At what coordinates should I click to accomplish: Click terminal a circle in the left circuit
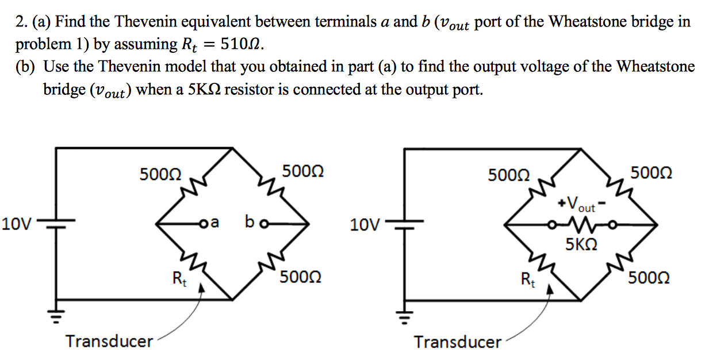(x=204, y=224)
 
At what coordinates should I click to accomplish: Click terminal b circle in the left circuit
(x=265, y=224)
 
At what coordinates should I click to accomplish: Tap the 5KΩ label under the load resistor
(x=581, y=244)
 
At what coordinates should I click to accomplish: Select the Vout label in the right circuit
(x=581, y=204)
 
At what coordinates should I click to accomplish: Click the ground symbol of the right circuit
(x=405, y=316)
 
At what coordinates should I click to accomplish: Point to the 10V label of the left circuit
(x=17, y=224)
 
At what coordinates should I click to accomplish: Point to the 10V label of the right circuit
(x=365, y=225)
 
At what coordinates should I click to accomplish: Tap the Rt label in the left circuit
(x=179, y=279)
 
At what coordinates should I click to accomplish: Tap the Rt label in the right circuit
(x=528, y=279)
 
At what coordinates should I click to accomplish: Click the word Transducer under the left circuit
(x=109, y=342)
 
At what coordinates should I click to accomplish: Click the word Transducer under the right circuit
(x=457, y=342)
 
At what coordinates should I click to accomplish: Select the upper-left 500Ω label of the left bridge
(x=160, y=174)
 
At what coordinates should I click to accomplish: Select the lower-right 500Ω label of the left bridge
(x=301, y=277)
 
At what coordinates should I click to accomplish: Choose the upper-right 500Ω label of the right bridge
(x=651, y=173)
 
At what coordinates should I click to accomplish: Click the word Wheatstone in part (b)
(x=656, y=66)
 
